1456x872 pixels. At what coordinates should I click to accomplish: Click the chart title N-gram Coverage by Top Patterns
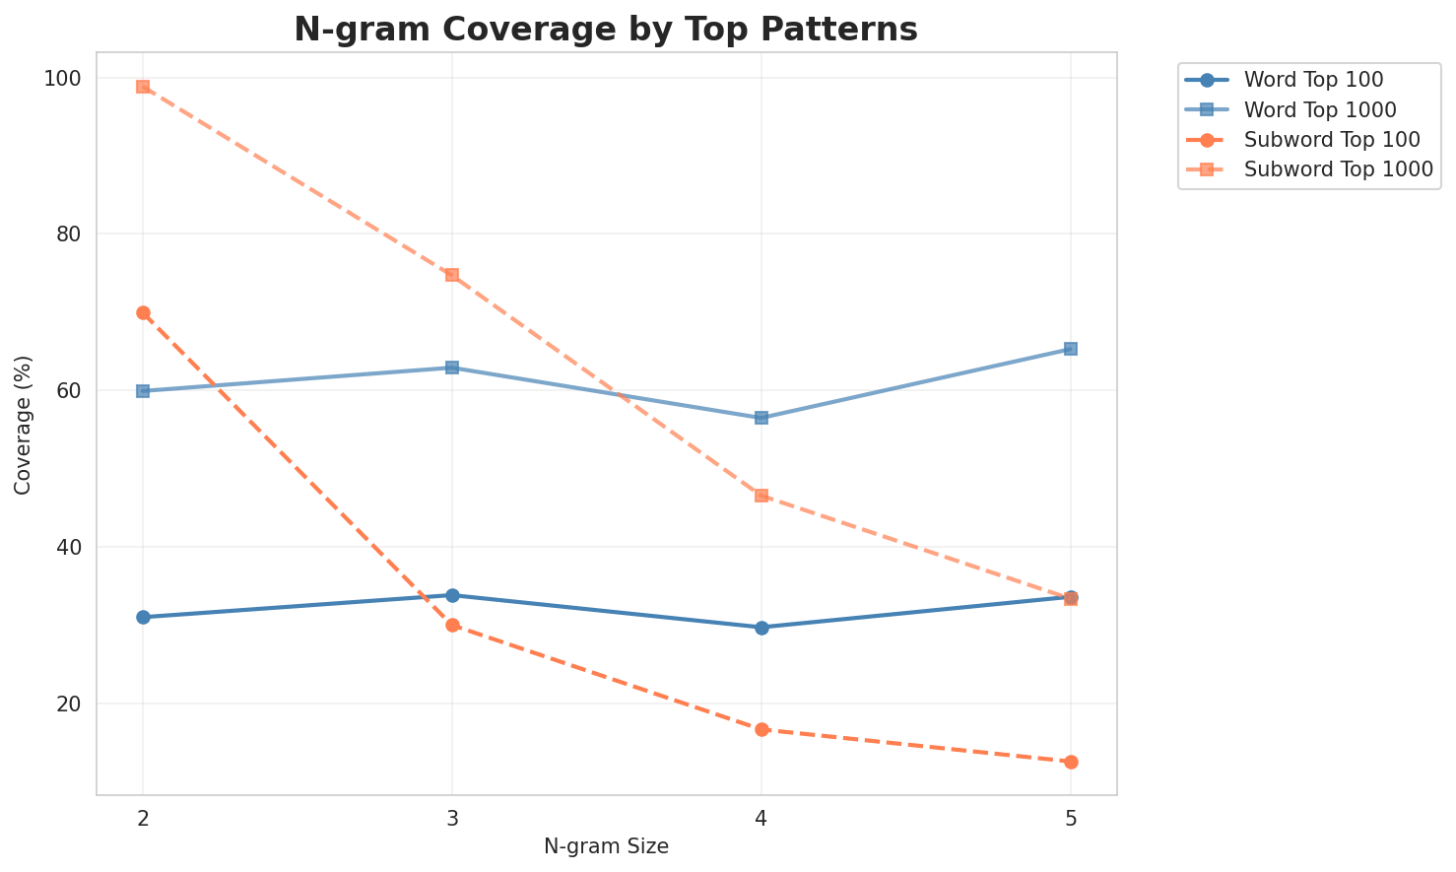[x=606, y=30]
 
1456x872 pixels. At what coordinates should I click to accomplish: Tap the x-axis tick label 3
[x=452, y=819]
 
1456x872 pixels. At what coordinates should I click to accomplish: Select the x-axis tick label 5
[x=1071, y=819]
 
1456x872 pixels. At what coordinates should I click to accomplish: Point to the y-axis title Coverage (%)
[x=23, y=425]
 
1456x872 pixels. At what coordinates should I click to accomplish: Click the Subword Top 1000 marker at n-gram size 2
[x=143, y=87]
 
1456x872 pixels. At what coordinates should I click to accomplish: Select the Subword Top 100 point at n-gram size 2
[x=143, y=313]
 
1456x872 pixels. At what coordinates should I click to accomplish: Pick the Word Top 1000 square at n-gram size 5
[x=1071, y=349]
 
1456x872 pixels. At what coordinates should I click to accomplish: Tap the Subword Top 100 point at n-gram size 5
[x=1071, y=762]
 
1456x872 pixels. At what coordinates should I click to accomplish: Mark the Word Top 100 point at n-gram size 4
[x=761, y=628]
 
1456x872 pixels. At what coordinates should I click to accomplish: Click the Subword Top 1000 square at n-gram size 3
[x=452, y=275]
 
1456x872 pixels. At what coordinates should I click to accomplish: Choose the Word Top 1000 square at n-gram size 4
[x=761, y=418]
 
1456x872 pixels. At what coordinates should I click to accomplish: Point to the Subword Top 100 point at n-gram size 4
[x=761, y=729]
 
